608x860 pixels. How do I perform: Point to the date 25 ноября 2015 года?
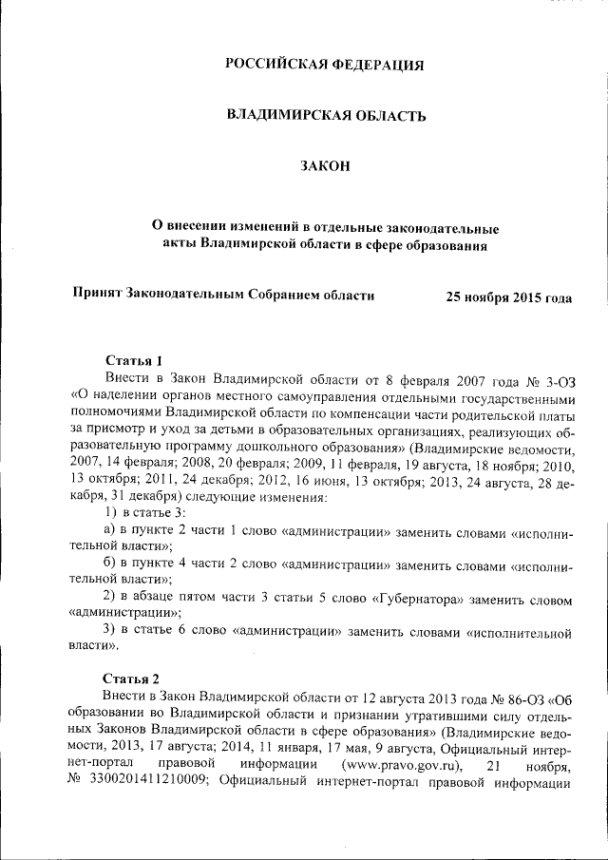click(509, 297)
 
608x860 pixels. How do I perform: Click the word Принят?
click(99, 295)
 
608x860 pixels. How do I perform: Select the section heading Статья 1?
click(133, 360)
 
